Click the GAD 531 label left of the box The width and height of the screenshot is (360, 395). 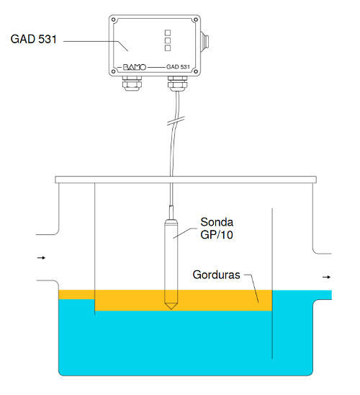33,39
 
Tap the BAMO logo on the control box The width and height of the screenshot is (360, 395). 135,67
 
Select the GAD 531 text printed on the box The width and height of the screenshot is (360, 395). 178,67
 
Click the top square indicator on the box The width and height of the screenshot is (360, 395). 168,32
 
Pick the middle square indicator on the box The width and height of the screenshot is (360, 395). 168,40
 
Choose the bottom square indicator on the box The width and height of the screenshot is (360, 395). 168,48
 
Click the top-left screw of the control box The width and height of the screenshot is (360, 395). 114,19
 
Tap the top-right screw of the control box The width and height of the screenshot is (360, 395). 195,19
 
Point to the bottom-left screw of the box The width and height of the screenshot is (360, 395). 114,72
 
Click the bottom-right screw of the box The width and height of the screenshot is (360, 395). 195,72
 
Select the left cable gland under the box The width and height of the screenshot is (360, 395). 132,83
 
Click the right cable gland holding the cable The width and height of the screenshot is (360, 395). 177,83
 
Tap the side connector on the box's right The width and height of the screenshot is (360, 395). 204,42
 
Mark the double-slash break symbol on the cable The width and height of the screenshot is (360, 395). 176,120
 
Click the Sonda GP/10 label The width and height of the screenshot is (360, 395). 217,228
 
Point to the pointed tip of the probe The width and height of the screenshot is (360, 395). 171,309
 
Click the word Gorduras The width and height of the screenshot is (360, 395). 216,275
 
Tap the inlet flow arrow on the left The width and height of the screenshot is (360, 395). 41,258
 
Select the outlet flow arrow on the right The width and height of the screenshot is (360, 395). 327,277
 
